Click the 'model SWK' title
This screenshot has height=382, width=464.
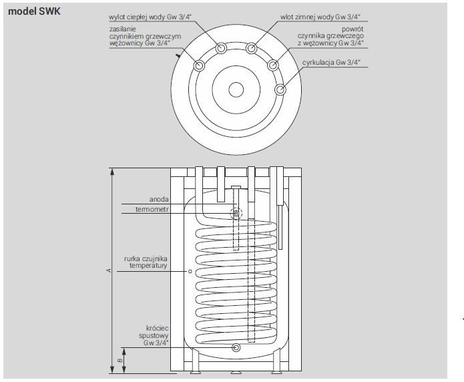[34, 11]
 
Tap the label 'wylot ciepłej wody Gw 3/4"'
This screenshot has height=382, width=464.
[150, 17]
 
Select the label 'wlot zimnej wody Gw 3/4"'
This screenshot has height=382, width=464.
[320, 17]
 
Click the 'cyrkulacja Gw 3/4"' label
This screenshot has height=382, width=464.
[331, 63]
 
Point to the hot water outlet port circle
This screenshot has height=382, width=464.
[221, 47]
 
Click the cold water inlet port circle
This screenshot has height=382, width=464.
[251, 48]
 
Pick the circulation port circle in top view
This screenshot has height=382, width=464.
[280, 89]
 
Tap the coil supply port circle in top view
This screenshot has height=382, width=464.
[199, 65]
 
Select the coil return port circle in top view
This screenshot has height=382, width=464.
[273, 65]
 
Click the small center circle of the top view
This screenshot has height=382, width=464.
[236, 89]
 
